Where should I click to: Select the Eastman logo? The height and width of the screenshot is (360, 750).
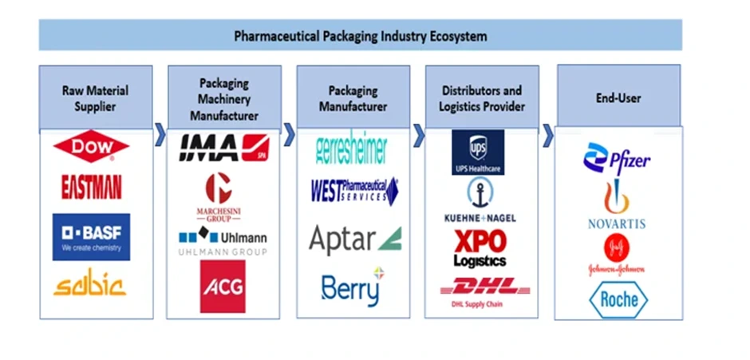tap(92, 188)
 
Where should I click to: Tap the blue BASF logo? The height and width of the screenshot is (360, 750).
tap(92, 235)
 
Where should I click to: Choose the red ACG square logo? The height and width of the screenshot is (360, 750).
tap(223, 286)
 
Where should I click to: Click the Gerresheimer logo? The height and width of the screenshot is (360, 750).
tap(351, 149)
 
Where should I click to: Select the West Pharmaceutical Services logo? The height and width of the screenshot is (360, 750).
tap(354, 192)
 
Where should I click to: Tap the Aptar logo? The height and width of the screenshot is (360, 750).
tap(354, 238)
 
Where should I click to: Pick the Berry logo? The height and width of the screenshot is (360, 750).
tap(352, 288)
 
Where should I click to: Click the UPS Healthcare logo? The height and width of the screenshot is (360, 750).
tap(478, 152)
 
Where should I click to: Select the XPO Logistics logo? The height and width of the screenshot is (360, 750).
tap(480, 247)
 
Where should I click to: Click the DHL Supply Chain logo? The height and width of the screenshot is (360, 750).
tap(480, 288)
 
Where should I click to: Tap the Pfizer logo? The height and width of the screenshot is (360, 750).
tap(616, 158)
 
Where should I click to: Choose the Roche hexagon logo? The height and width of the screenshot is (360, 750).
tap(618, 299)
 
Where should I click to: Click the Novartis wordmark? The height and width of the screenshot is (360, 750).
tap(617, 224)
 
